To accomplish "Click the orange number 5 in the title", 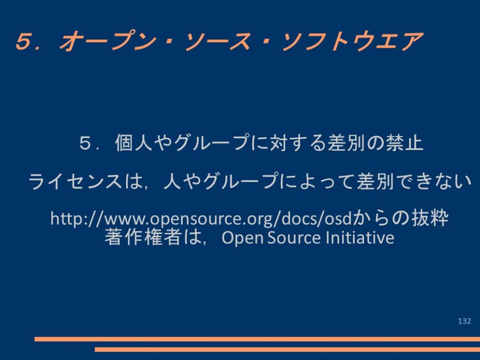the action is click(23, 41).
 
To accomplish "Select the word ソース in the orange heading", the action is click(218, 41).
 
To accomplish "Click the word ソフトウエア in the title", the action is click(352, 41).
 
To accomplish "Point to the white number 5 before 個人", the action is click(85, 143).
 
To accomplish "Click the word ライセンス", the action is click(75, 181).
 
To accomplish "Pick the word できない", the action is click(434, 181).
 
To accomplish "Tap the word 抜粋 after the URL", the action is click(430, 218).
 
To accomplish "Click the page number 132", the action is click(465, 321).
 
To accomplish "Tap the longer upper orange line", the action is click(257, 339).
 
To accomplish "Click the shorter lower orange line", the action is click(287, 350).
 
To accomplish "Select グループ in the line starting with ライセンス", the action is click(241, 181).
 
